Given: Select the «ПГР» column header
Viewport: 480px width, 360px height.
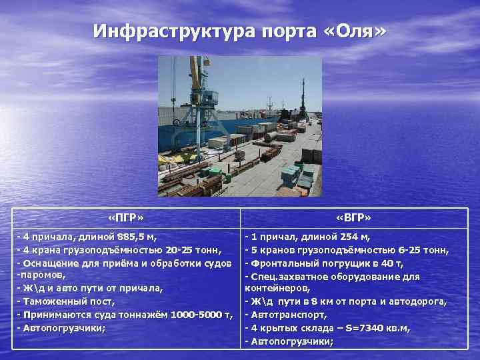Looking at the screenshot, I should pyautogui.click(x=125, y=218).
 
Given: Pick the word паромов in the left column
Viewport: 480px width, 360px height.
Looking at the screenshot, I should pyautogui.click(x=41, y=275).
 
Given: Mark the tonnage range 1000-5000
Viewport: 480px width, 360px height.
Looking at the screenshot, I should pyautogui.click(x=196, y=313).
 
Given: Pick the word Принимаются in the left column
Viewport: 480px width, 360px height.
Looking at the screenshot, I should pyautogui.click(x=55, y=313).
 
